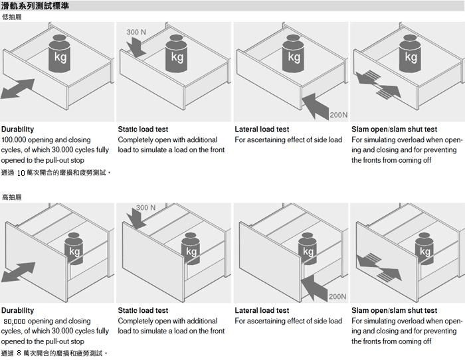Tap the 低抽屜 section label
click(x=13, y=17)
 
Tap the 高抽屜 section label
click(x=13, y=198)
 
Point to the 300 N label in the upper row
click(x=137, y=32)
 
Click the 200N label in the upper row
click(x=338, y=115)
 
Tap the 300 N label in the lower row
click(x=146, y=208)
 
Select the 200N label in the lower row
click(x=337, y=296)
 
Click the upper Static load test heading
click(x=143, y=130)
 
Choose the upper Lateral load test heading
click(x=262, y=130)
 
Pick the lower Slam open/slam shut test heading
click(x=394, y=310)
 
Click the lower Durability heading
click(x=17, y=310)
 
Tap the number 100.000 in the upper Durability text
click(x=15, y=140)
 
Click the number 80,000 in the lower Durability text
click(x=15, y=321)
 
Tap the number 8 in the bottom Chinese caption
click(x=19, y=353)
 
